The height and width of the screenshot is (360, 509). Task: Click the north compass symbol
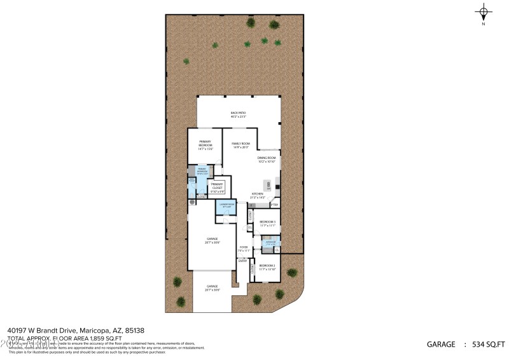point(484,13)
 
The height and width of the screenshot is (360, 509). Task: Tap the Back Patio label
point(238,115)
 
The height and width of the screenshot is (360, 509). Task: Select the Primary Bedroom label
point(205,145)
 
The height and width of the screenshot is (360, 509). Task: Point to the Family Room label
point(241,145)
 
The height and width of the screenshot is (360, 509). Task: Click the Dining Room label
point(267,160)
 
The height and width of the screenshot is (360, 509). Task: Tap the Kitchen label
point(258,195)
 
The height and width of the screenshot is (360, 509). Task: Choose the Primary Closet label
point(217,186)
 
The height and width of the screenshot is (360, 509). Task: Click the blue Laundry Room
point(225,206)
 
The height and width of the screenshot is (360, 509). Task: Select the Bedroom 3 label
point(267,223)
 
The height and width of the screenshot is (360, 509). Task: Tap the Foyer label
point(243,249)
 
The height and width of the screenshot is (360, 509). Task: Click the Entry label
point(242,261)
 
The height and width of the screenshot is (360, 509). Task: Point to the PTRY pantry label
point(274,205)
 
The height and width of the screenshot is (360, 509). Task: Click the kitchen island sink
point(268,186)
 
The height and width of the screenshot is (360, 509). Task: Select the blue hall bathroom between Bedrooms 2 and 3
point(270,242)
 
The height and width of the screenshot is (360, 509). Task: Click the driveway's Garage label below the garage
point(213,287)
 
